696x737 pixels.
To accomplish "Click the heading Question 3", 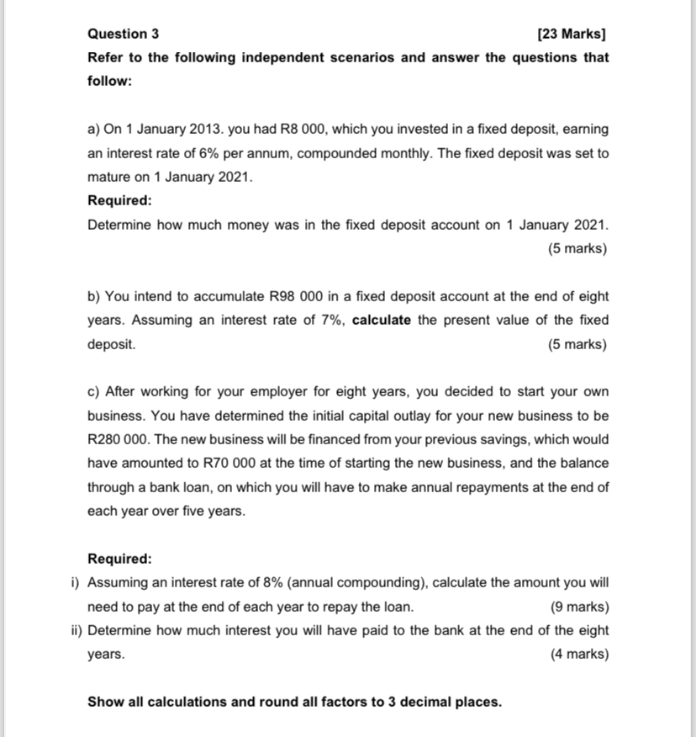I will [x=123, y=34].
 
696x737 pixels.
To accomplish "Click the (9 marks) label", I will [x=578, y=607].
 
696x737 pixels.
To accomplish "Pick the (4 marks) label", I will [x=578, y=654].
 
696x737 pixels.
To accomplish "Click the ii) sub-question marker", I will [x=76, y=630].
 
